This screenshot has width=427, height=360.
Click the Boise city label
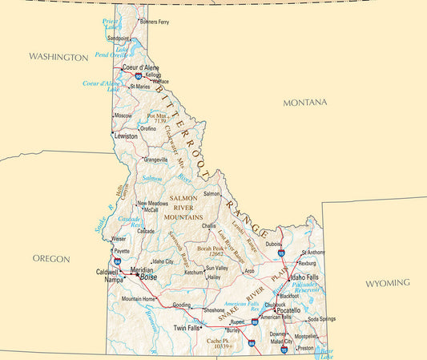[x=149, y=277]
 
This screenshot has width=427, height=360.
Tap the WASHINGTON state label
[x=58, y=58]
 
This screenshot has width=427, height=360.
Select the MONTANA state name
[x=305, y=103]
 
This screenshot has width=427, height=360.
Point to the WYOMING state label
[x=388, y=283]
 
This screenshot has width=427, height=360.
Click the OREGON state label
[x=51, y=259]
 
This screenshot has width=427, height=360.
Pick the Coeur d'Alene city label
[x=141, y=67]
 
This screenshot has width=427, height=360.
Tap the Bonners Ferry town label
[x=155, y=22]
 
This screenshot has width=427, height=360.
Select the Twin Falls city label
[x=187, y=328]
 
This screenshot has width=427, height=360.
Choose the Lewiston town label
[x=127, y=136]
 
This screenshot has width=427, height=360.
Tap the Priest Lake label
[x=110, y=24]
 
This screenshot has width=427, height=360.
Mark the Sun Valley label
[x=216, y=268]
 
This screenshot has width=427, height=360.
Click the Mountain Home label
[x=138, y=299]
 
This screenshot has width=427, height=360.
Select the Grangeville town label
[x=155, y=160]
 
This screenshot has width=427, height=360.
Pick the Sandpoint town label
[x=119, y=38]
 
